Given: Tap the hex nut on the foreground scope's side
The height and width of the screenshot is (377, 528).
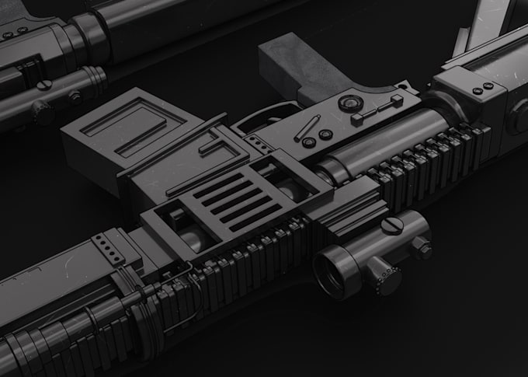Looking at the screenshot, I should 422,248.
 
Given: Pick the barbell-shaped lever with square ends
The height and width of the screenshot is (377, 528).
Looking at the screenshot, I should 377,110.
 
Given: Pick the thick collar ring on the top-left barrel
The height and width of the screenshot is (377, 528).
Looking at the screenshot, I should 92,35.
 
